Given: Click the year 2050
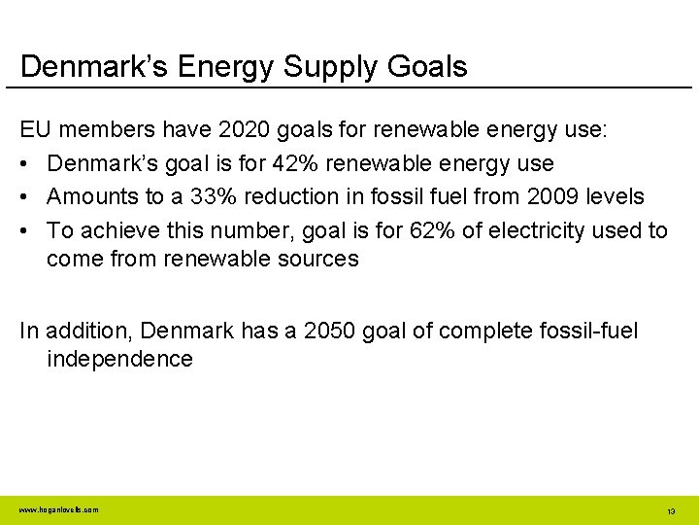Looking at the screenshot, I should (331, 331).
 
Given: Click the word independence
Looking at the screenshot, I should (119, 359).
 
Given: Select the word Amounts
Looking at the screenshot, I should (92, 196).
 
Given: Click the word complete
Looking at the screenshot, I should (473, 331).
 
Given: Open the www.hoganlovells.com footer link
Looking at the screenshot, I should (58, 509).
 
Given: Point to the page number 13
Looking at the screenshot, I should (671, 510).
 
